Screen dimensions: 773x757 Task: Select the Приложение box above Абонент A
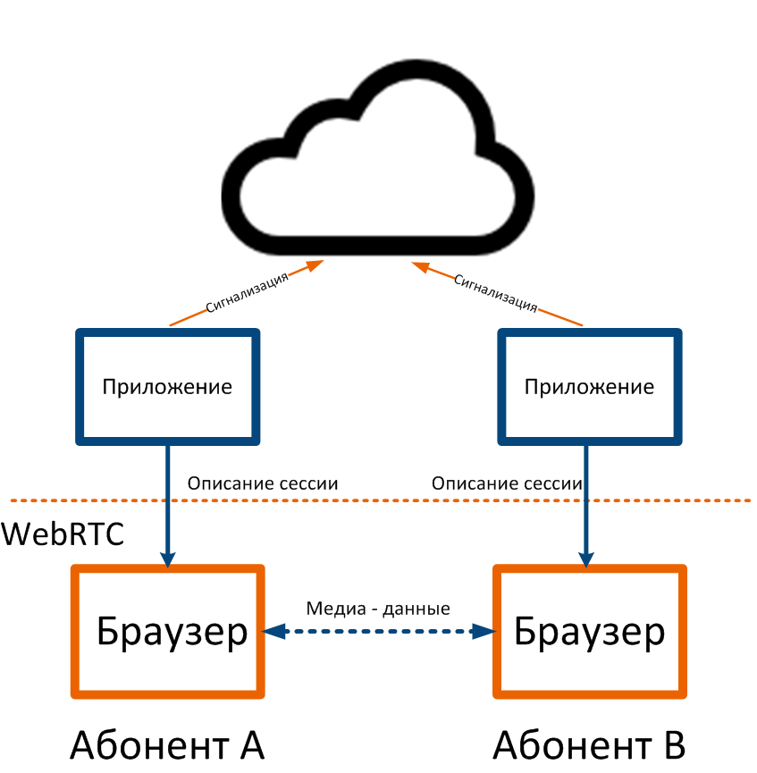click(x=168, y=386)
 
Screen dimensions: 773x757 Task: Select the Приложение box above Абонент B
click(x=588, y=386)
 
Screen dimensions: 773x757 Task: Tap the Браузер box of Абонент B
click(x=590, y=632)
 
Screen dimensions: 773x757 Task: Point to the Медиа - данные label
click(x=378, y=609)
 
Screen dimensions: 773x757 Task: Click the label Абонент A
click(x=168, y=744)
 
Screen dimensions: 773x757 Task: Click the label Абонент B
click(x=590, y=744)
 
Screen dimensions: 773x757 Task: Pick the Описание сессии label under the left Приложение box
click(x=263, y=483)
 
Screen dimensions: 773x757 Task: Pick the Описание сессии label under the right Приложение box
click(x=507, y=483)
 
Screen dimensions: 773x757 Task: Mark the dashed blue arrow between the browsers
click(x=378, y=631)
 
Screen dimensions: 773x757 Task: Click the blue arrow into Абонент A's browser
click(x=168, y=518)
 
